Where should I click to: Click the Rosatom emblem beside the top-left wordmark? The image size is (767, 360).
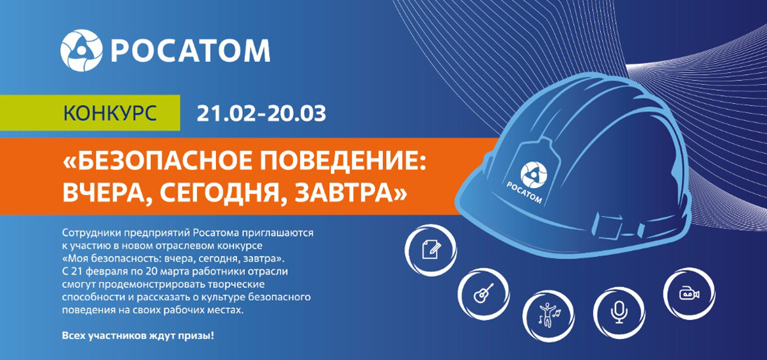[82, 51]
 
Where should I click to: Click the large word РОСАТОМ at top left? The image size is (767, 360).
[190, 51]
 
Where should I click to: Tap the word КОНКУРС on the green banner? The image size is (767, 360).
[110, 113]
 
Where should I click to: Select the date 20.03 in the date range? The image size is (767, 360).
[297, 113]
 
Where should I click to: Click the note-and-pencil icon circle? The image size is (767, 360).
[431, 250]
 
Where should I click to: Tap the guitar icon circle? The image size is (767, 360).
[484, 294]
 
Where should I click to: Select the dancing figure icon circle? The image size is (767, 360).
[548, 315]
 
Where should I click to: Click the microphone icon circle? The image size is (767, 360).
[619, 313]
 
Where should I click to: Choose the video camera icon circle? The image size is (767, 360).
[689, 293]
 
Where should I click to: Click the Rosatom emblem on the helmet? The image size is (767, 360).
[534, 175]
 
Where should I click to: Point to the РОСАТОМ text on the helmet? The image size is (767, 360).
[524, 192]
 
